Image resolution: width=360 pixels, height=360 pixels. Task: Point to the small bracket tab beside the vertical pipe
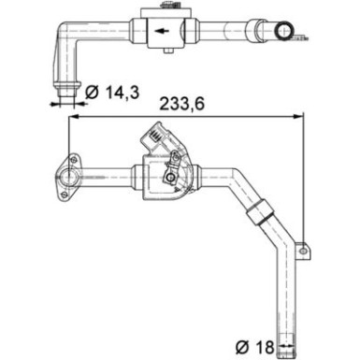[x=302, y=250]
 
